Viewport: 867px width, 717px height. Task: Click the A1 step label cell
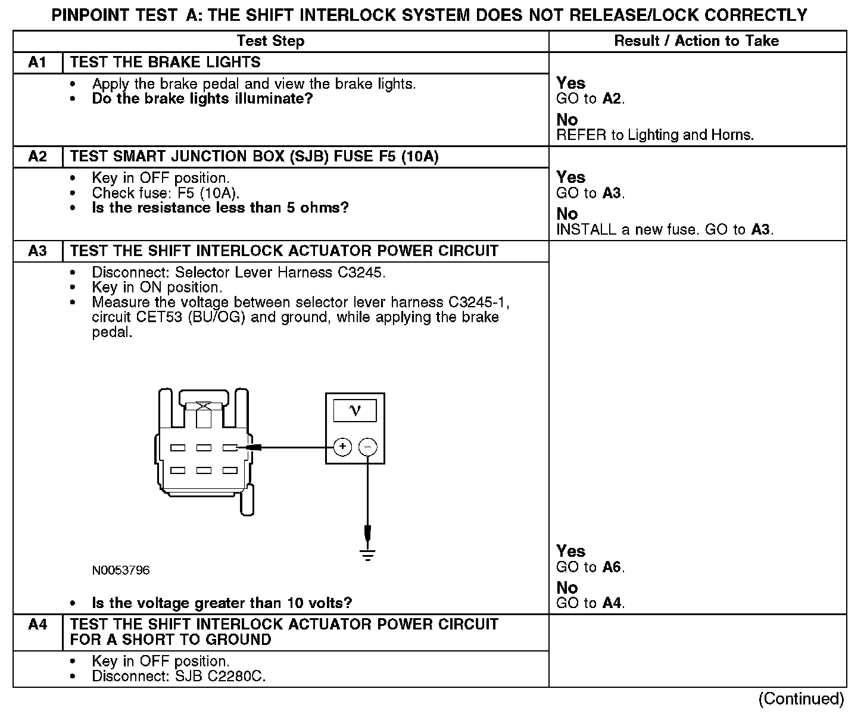pyautogui.click(x=38, y=63)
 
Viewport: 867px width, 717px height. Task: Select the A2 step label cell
pyautogui.click(x=38, y=157)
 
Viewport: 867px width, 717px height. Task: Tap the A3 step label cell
pyautogui.click(x=38, y=251)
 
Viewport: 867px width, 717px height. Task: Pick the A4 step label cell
pyautogui.click(x=38, y=625)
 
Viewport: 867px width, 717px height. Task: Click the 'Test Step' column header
pyautogui.click(x=270, y=41)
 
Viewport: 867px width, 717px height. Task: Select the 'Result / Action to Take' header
pyautogui.click(x=696, y=41)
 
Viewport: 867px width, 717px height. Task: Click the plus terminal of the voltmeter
pyautogui.click(x=342, y=447)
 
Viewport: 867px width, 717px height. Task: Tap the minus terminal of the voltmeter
pyautogui.click(x=369, y=447)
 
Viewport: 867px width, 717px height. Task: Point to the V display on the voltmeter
pyautogui.click(x=355, y=410)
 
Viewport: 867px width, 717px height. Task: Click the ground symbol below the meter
pyautogui.click(x=368, y=555)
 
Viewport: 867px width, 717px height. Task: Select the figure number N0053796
pyautogui.click(x=121, y=571)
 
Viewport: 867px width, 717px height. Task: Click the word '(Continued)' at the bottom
pyautogui.click(x=801, y=699)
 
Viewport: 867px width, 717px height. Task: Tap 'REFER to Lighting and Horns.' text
pyautogui.click(x=655, y=135)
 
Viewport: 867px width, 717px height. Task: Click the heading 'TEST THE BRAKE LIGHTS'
pyautogui.click(x=166, y=63)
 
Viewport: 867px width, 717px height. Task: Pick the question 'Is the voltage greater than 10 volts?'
pyautogui.click(x=222, y=603)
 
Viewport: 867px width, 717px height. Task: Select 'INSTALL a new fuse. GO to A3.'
pyautogui.click(x=665, y=230)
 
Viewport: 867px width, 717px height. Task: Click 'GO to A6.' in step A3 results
pyautogui.click(x=590, y=568)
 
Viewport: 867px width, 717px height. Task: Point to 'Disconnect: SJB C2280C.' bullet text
pyautogui.click(x=179, y=677)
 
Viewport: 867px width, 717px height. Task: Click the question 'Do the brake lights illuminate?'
pyautogui.click(x=202, y=99)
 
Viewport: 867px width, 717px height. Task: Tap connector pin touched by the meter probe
pyautogui.click(x=230, y=447)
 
